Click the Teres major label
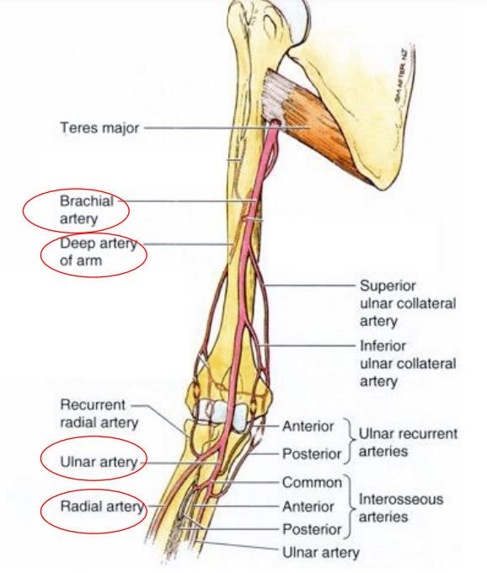click(x=99, y=128)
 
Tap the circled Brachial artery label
click(x=87, y=210)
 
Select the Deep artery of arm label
click(x=99, y=252)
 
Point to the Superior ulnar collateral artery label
click(x=408, y=303)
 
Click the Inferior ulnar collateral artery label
click(x=408, y=364)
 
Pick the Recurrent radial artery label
click(x=99, y=414)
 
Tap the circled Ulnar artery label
click(x=99, y=463)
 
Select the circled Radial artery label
click(x=102, y=507)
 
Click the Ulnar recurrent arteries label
click(x=408, y=442)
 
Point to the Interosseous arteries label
click(x=401, y=508)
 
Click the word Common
click(x=312, y=483)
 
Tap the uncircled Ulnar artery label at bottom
click(x=321, y=553)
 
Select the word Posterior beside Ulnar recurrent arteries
click(x=312, y=454)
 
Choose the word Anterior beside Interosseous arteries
click(x=308, y=507)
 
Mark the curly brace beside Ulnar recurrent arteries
click(x=350, y=441)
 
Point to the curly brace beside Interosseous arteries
click(x=350, y=507)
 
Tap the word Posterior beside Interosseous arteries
click(x=312, y=529)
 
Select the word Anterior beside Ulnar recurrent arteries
click(x=308, y=426)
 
